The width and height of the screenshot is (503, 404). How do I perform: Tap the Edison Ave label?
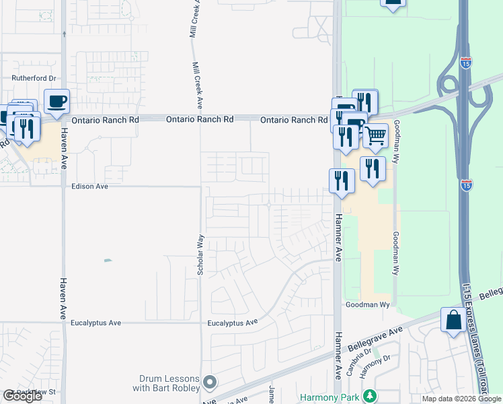coord(89,186)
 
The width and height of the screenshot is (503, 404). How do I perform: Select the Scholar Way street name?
coord(200,255)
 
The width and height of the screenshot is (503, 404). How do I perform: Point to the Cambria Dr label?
coord(354,364)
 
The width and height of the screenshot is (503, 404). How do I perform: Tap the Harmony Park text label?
coord(330,397)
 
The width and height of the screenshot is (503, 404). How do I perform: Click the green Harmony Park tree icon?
coord(368,396)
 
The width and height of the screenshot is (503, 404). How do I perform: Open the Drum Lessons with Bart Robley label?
coord(169,383)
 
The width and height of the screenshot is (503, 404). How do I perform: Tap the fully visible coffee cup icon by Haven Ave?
coord(56,102)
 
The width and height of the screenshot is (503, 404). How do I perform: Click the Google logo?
coord(22,397)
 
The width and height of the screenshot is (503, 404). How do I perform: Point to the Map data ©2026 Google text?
coord(461,399)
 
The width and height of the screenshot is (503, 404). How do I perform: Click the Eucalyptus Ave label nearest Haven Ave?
coord(95,323)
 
